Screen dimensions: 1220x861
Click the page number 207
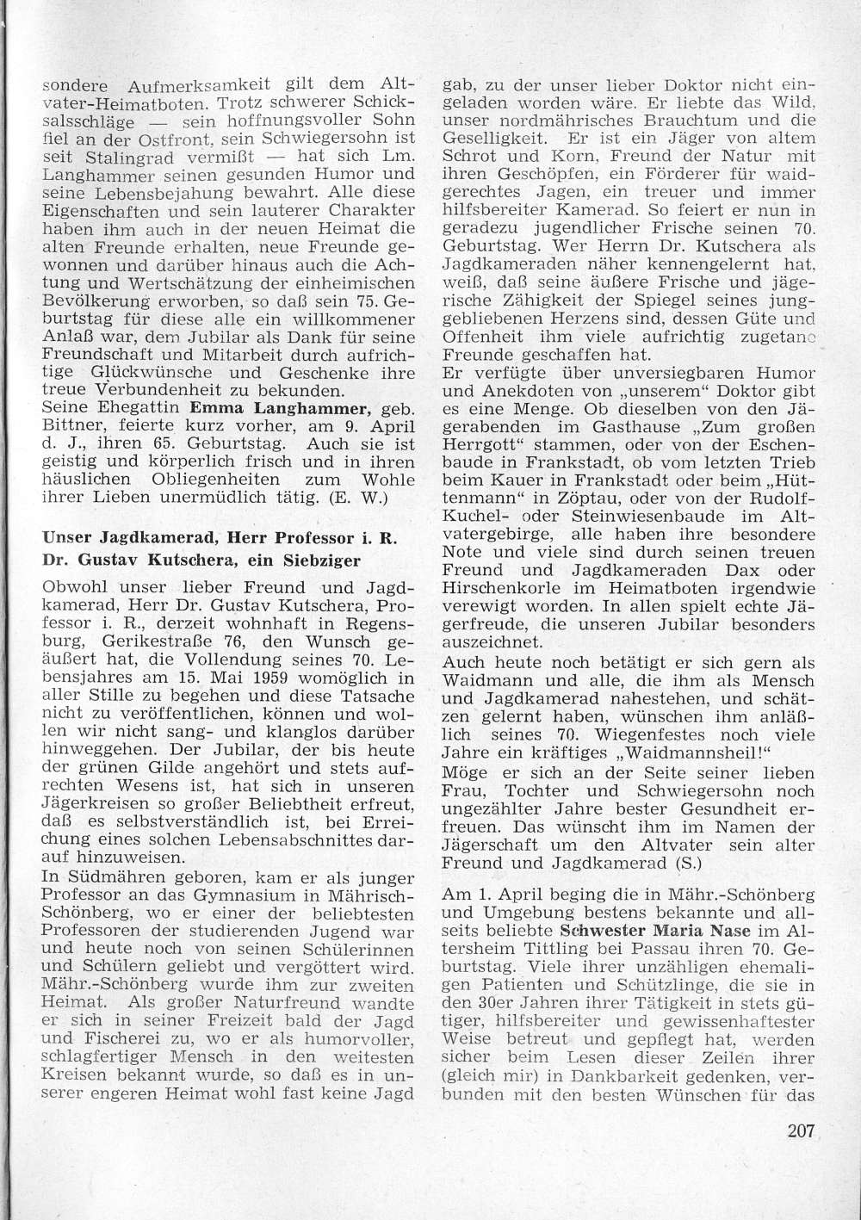click(x=800, y=1130)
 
